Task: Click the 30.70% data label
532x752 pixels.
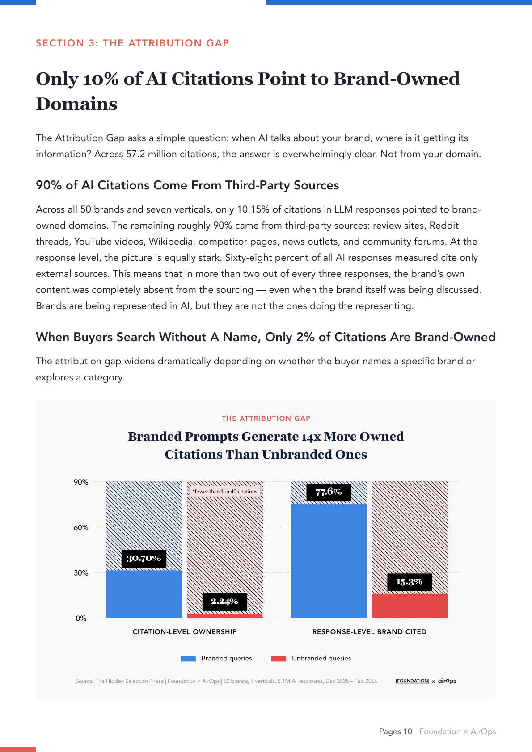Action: [x=144, y=559]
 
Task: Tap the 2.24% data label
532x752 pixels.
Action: [x=224, y=602]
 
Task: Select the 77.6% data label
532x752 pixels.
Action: [x=329, y=493]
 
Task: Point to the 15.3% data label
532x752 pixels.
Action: [x=410, y=582]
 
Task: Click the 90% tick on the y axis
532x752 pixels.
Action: [x=81, y=482]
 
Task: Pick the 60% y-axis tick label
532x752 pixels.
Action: [x=81, y=527]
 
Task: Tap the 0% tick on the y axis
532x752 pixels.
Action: [x=81, y=618]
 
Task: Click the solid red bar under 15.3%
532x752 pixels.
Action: [x=410, y=606]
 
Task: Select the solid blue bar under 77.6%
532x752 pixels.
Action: [x=329, y=561]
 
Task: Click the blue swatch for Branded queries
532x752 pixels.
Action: [x=188, y=659]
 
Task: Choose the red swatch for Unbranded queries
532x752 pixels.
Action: [x=279, y=659]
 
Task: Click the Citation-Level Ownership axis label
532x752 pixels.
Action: [x=185, y=632]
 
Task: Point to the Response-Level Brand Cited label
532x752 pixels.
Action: [x=369, y=632]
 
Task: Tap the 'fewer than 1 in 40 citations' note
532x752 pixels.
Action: [x=225, y=492]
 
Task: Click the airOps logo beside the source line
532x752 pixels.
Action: [x=447, y=681]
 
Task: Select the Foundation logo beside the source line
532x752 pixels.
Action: [x=412, y=681]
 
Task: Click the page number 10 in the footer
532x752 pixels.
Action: [x=408, y=731]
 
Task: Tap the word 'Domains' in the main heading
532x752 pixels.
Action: [x=76, y=104]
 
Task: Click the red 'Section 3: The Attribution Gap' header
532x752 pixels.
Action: [x=132, y=43]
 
